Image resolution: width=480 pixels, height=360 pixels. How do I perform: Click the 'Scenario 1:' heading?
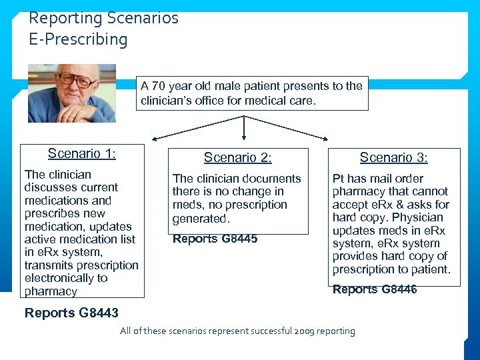81,154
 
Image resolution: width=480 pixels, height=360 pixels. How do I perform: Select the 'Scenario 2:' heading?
237,158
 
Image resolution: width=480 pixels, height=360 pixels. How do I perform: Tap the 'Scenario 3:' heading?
393,158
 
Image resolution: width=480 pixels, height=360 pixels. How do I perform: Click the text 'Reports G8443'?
71,313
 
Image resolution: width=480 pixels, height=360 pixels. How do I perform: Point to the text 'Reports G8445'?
215,239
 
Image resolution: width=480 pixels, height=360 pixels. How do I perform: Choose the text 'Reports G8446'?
375,289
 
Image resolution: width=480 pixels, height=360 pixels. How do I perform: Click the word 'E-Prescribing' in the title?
78,39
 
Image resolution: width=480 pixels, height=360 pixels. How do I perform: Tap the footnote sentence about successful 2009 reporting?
237,331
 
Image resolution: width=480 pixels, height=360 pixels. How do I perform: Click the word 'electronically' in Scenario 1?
56,278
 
